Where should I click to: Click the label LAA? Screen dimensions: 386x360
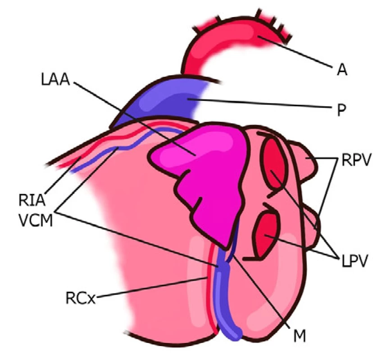click(x=55, y=80)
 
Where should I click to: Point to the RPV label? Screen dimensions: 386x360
click(x=356, y=160)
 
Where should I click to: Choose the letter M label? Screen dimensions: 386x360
click(x=300, y=336)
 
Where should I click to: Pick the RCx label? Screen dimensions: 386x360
click(x=81, y=298)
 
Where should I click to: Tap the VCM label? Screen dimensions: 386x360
click(x=36, y=220)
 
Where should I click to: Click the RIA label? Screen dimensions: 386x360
click(x=32, y=200)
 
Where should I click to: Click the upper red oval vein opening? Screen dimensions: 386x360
click(x=274, y=163)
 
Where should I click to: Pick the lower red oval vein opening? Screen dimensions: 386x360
click(x=267, y=234)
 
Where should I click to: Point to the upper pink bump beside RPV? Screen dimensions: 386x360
click(x=303, y=161)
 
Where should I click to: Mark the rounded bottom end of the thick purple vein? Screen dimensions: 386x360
click(x=236, y=335)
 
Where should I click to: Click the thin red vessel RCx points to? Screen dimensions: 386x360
click(x=212, y=290)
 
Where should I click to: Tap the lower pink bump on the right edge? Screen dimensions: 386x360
click(x=311, y=227)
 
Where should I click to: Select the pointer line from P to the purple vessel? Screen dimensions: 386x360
click(x=259, y=103)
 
